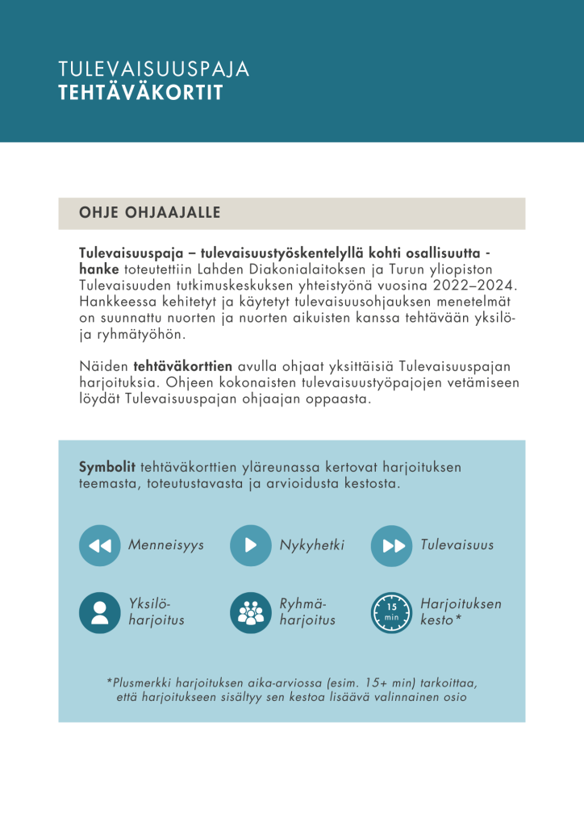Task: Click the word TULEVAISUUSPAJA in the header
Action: [x=154, y=69]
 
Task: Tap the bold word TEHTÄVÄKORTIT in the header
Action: [x=140, y=93]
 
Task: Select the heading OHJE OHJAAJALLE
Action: [x=150, y=213]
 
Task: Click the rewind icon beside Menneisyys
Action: [x=99, y=545]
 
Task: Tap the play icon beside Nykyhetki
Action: [x=250, y=545]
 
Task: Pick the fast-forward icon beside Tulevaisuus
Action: [x=391, y=545]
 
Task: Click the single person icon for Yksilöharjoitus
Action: [x=99, y=612]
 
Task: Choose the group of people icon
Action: [x=250, y=612]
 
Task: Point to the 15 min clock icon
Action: [x=391, y=612]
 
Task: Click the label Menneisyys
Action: [x=166, y=545]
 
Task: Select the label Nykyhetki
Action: [x=312, y=545]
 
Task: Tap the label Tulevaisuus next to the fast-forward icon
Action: [x=457, y=545]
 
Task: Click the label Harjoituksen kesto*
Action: [x=461, y=612]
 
